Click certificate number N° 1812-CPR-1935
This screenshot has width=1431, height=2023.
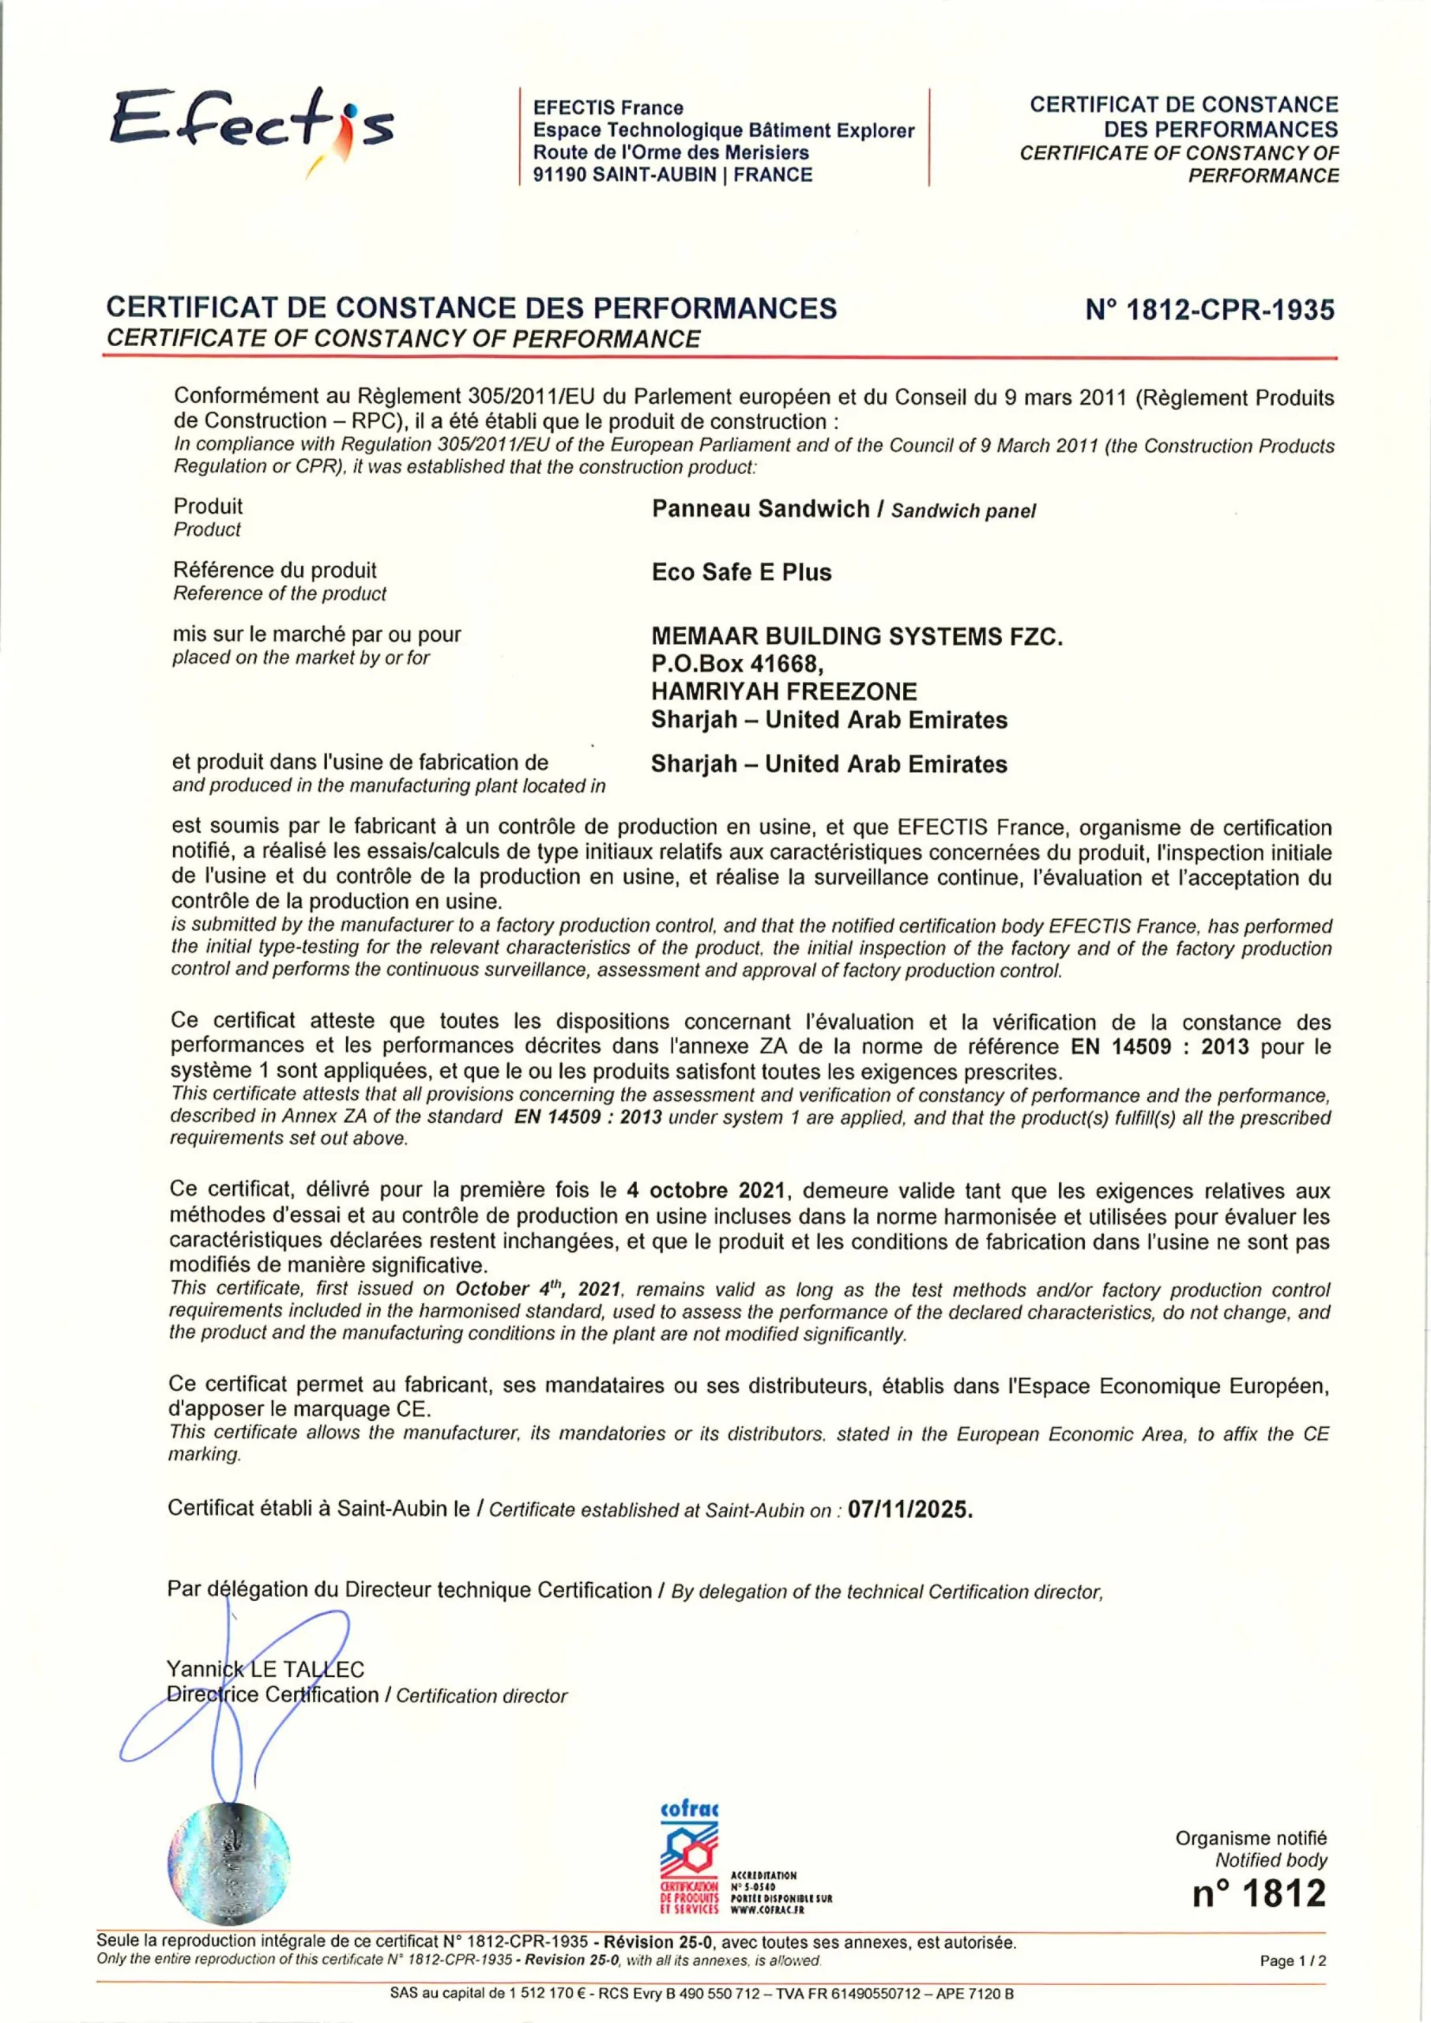[x=1210, y=310]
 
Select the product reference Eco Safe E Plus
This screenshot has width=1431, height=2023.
[x=741, y=573]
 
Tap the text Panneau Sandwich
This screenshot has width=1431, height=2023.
[x=760, y=509]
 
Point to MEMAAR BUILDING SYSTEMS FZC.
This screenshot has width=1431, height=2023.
[x=857, y=636]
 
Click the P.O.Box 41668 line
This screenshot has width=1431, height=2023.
[x=737, y=664]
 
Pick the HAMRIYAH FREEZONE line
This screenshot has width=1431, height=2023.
[x=783, y=691]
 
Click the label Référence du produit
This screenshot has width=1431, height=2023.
[x=274, y=570]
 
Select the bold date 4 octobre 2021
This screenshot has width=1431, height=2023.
[x=706, y=1190]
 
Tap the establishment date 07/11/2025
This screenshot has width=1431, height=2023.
[x=909, y=1509]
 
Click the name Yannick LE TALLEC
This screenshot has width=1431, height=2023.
[x=265, y=1670]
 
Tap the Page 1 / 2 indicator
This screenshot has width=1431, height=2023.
[x=1292, y=1961]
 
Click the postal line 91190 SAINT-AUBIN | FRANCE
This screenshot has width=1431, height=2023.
[x=672, y=175]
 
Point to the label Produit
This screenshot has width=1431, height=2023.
[x=208, y=507]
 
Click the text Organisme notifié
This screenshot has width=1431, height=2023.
[x=1249, y=1838]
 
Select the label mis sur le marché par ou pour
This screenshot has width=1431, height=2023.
[x=316, y=635]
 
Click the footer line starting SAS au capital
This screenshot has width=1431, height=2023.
[x=702, y=1994]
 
